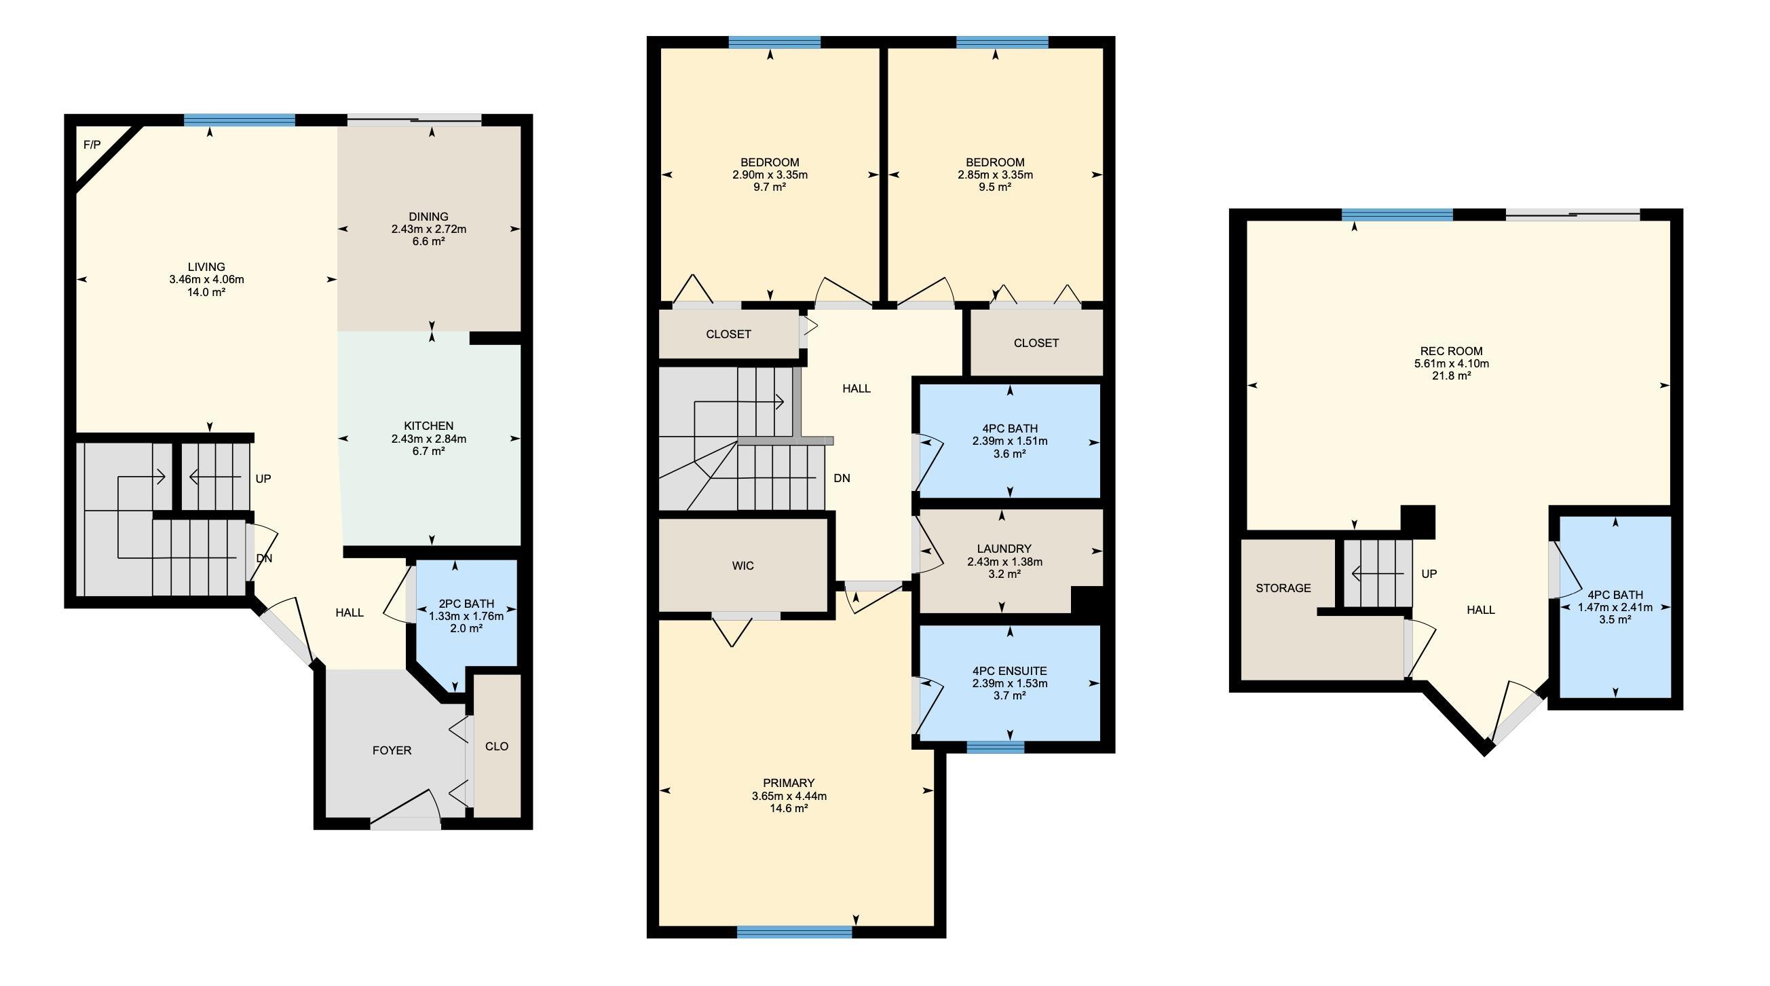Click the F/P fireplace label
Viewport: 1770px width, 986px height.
coord(92,145)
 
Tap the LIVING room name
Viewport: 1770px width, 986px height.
coord(206,267)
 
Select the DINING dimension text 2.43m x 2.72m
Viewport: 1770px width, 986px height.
coord(429,229)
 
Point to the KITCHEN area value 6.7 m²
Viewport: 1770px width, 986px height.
coord(429,451)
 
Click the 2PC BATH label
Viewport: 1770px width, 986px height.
coord(466,604)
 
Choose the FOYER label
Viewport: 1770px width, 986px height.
coord(392,751)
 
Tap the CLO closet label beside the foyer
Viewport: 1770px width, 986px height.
coord(497,747)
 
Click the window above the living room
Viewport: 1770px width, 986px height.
coord(239,120)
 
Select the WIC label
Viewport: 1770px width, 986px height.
coord(742,566)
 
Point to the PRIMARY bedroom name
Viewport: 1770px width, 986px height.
coord(789,783)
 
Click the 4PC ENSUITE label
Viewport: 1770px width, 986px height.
coord(1010,671)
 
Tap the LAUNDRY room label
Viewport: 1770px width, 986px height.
coord(1004,549)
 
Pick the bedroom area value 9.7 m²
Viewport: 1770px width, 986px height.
coord(770,187)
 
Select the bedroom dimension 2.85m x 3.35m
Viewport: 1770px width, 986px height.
coord(995,175)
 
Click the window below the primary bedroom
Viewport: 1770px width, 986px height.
coord(794,932)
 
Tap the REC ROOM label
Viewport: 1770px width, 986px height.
coord(1451,351)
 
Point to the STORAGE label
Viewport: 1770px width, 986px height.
coord(1283,589)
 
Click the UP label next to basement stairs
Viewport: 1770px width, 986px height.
coord(1429,574)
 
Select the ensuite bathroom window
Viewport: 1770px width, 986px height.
coord(995,748)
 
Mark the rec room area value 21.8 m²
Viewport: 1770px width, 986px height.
coord(1451,376)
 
